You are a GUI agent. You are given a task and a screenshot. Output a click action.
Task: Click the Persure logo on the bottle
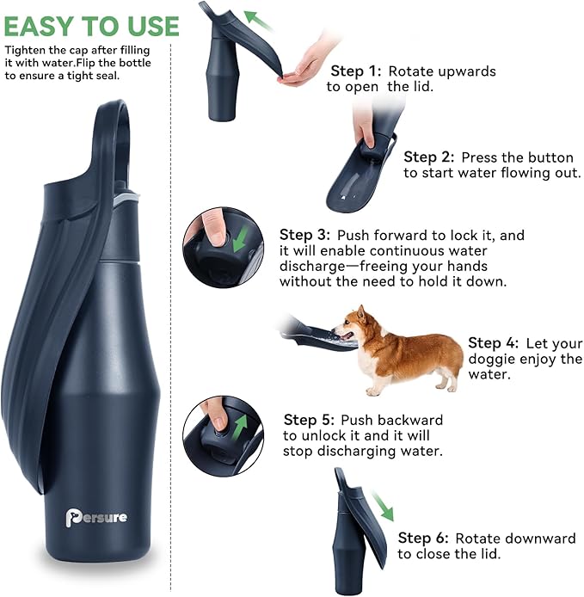96,517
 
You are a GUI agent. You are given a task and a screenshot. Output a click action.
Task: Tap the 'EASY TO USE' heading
91,26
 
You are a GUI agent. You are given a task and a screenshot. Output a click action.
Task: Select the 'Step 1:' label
360,71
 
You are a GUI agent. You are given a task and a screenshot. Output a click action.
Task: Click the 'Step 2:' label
432,157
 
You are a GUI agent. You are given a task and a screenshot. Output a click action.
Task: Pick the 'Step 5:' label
311,421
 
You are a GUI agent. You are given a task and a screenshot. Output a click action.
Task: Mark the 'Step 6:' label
426,539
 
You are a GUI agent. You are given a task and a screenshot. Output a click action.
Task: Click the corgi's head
351,327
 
